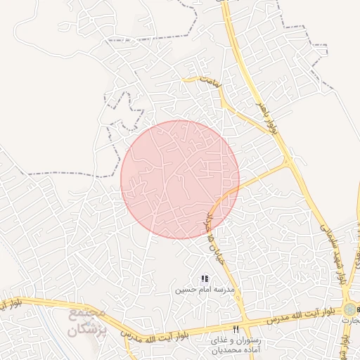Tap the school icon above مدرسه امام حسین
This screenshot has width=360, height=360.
(205, 279)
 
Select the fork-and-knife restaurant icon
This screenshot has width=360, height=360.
(236, 329)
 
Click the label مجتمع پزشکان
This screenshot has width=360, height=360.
(89, 321)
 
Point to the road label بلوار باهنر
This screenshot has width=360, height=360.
(273, 118)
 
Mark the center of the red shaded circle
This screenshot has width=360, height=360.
(180, 179)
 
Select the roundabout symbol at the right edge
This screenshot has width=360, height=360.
(349, 309)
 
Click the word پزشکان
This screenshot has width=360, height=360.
(89, 328)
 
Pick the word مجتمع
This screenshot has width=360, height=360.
(90, 313)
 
